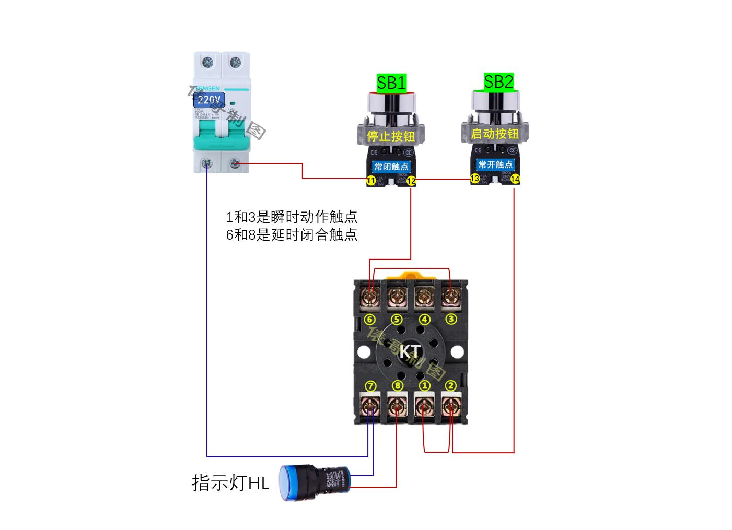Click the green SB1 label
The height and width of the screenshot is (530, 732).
[392, 83]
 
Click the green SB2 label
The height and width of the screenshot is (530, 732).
[498, 81]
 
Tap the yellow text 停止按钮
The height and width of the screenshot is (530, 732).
[391, 136]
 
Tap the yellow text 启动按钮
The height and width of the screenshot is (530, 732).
[495, 134]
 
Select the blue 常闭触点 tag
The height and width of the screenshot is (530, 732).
[391, 167]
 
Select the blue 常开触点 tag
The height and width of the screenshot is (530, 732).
[496, 164]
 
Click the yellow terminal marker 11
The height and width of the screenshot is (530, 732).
[371, 181]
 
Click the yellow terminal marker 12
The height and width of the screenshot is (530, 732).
[411, 181]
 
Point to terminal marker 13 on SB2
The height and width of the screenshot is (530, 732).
[475, 179]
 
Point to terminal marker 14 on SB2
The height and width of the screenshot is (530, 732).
[515, 179]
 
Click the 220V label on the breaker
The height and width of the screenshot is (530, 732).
[210, 99]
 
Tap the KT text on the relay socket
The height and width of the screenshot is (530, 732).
[409, 352]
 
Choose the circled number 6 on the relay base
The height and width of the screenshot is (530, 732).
[370, 319]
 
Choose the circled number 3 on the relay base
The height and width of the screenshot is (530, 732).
[450, 319]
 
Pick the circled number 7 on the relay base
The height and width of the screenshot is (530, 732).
[370, 386]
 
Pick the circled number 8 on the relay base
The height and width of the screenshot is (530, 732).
[398, 386]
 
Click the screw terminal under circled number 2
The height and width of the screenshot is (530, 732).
[450, 405]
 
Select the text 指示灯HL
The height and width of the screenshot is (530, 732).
[230, 483]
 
